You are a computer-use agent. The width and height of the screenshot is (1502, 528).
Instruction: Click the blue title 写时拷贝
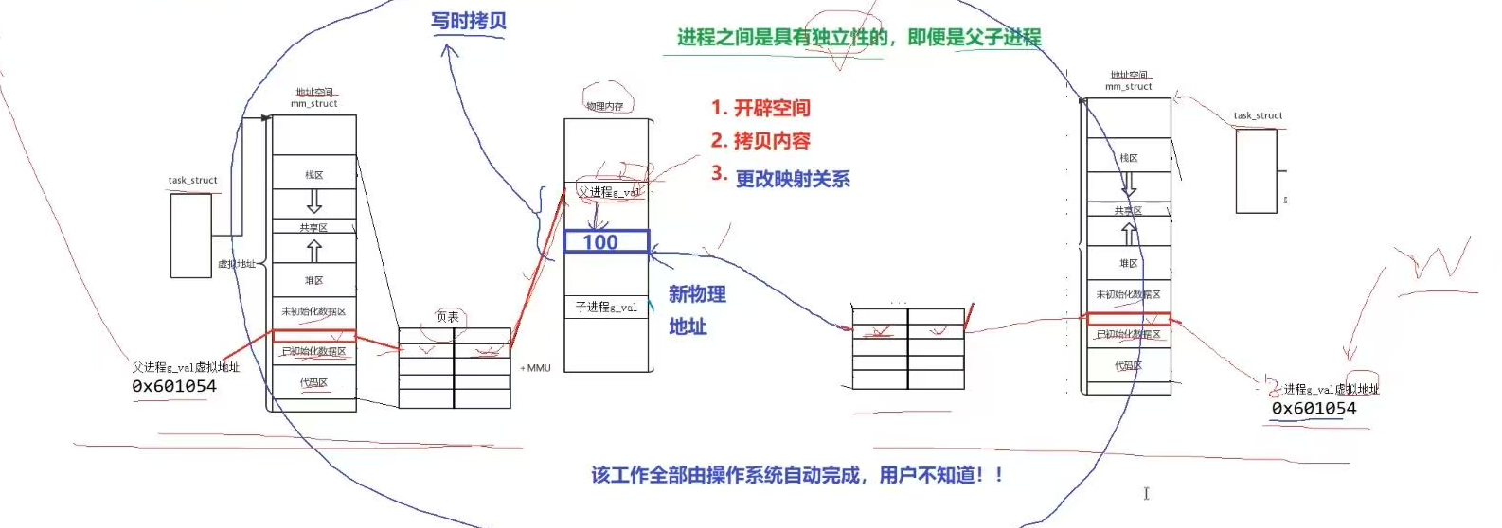coord(469,21)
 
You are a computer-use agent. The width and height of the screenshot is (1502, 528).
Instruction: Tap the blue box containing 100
coord(606,242)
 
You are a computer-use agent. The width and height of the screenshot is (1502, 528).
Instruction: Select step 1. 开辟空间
coord(760,108)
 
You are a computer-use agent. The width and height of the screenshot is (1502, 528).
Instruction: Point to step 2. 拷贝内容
coord(760,141)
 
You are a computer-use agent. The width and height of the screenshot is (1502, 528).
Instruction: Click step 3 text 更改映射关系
coord(793,179)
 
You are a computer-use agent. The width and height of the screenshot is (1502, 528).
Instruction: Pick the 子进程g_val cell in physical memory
coord(606,308)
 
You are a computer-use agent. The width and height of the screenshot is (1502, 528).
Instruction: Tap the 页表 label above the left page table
coord(447,317)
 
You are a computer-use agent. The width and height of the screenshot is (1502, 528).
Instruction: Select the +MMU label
coord(535,368)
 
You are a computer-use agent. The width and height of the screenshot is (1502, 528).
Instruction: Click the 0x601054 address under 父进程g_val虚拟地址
coord(174,386)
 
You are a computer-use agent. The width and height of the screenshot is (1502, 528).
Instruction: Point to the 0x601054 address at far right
coord(1314,409)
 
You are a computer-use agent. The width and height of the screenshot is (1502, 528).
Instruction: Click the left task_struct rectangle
coord(190,236)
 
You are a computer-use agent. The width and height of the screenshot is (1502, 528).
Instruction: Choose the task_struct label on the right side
coord(1258,116)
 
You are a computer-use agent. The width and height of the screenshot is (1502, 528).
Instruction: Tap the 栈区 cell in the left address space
coord(314,175)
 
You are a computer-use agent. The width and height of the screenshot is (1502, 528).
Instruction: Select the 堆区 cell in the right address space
coord(1128,263)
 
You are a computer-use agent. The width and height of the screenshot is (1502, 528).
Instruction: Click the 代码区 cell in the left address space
coord(314,383)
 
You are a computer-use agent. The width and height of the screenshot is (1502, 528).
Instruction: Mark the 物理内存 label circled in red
coord(605,106)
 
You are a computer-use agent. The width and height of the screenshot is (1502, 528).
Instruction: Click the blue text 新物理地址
coord(697,310)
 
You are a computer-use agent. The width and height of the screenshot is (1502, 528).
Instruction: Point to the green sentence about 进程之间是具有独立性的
coord(858,38)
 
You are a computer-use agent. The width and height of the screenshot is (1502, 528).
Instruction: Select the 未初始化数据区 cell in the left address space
coord(314,311)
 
